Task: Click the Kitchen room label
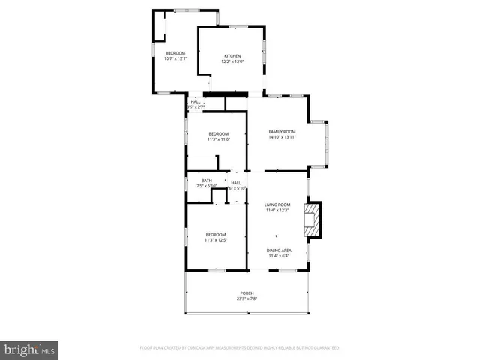232,56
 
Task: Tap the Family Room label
282,132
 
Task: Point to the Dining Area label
279,250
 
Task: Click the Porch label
247,292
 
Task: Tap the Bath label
206,181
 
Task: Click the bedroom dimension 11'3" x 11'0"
219,139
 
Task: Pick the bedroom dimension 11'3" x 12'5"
216,240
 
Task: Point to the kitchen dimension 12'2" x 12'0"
232,61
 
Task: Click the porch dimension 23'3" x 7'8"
247,298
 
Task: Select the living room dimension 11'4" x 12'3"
277,211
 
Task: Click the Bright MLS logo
29,349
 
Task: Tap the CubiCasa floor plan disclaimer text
239,348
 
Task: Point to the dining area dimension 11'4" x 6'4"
279,256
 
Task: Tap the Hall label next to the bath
235,183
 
